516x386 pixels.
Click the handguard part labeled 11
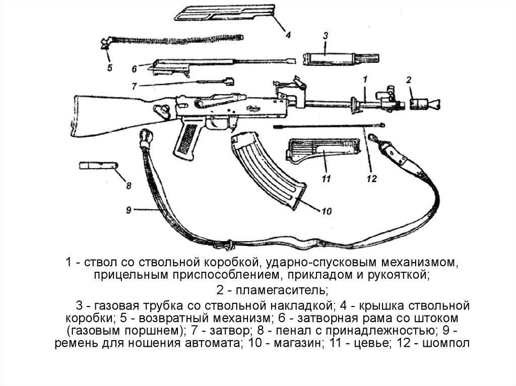coord(322,150)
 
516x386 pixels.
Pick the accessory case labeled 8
coord(97,165)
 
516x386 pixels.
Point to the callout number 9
coord(128,210)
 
